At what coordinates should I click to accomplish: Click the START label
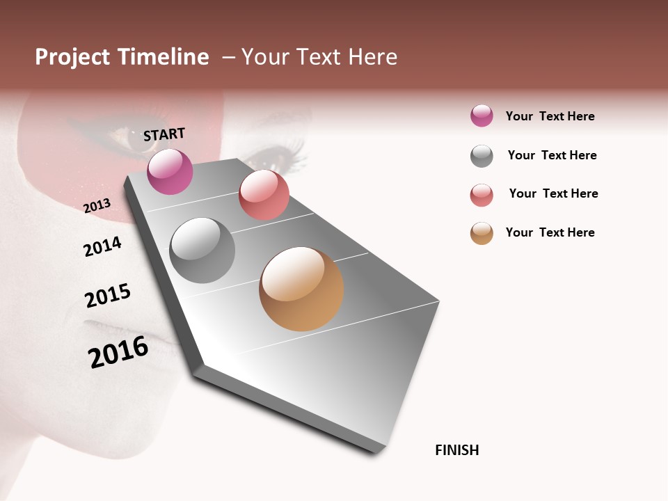click(164, 134)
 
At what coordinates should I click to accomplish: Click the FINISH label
click(457, 450)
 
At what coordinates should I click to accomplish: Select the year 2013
click(97, 205)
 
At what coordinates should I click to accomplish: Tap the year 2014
click(103, 246)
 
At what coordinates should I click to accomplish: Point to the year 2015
click(108, 296)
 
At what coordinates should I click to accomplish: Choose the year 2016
click(118, 351)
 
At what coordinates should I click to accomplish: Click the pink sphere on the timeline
click(170, 171)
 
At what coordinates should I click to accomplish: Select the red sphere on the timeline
click(264, 195)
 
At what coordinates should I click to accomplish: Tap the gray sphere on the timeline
click(202, 250)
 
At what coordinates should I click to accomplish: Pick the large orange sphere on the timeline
click(301, 289)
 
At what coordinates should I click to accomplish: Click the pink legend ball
click(482, 116)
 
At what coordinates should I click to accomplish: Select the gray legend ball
click(482, 156)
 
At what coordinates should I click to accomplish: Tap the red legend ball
click(482, 195)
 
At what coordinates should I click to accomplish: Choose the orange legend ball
click(482, 233)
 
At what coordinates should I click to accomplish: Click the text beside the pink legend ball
click(550, 116)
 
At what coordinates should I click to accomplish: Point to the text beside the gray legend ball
click(552, 155)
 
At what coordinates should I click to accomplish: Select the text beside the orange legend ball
click(550, 232)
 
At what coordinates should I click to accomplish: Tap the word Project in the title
click(72, 57)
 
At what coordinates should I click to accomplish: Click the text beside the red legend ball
click(553, 193)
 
